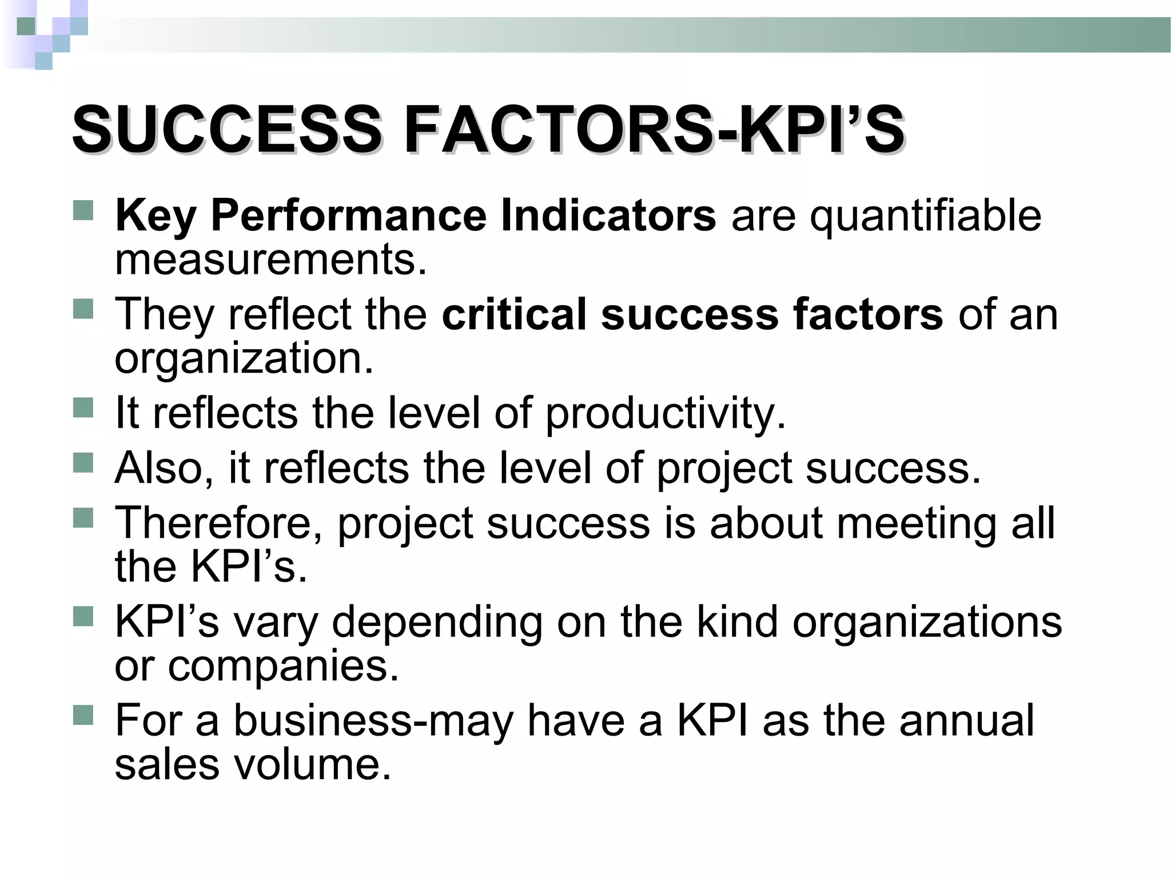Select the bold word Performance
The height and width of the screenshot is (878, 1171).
(x=348, y=216)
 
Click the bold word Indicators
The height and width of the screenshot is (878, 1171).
(x=607, y=216)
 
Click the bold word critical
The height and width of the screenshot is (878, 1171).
(x=514, y=314)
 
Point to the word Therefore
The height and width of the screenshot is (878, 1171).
(x=219, y=523)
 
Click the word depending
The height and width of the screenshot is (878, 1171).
(x=437, y=622)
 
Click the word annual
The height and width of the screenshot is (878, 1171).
(x=966, y=720)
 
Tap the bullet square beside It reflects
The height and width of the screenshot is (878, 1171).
(x=83, y=408)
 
